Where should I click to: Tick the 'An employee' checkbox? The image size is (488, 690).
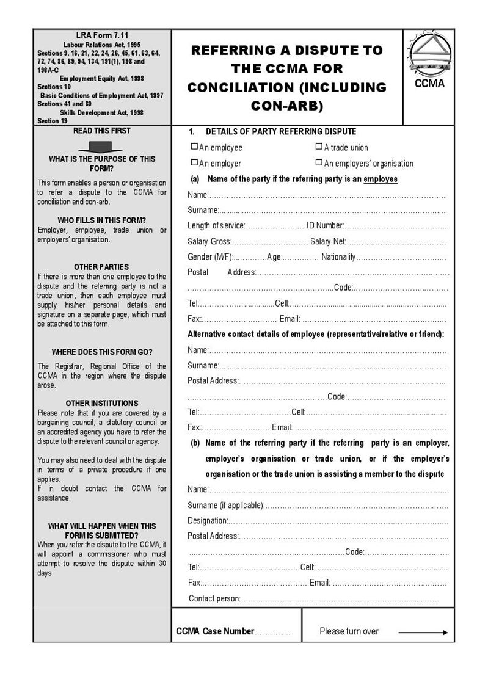click(194, 147)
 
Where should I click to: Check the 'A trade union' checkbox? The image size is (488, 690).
click(319, 147)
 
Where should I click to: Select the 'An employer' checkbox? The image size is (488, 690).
click(194, 162)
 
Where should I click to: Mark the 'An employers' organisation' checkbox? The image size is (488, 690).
click(319, 162)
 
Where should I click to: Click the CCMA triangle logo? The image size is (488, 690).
click(429, 55)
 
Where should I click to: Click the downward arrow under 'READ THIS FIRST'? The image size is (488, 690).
click(101, 147)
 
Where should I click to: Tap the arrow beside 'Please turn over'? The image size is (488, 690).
click(423, 633)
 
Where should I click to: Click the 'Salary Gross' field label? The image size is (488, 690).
click(209, 242)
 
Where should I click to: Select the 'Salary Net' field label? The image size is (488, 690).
click(328, 242)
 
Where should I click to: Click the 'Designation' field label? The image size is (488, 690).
click(208, 521)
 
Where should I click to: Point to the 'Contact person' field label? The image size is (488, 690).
click(214, 598)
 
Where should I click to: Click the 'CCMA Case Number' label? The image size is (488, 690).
click(214, 631)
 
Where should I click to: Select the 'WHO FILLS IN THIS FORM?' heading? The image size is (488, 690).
click(101, 220)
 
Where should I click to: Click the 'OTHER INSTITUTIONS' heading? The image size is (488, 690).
click(101, 404)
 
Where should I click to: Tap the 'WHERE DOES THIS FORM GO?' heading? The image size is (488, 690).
click(101, 352)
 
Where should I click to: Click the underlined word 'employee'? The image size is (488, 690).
click(381, 179)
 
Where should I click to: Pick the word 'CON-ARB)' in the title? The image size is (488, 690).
click(287, 106)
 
